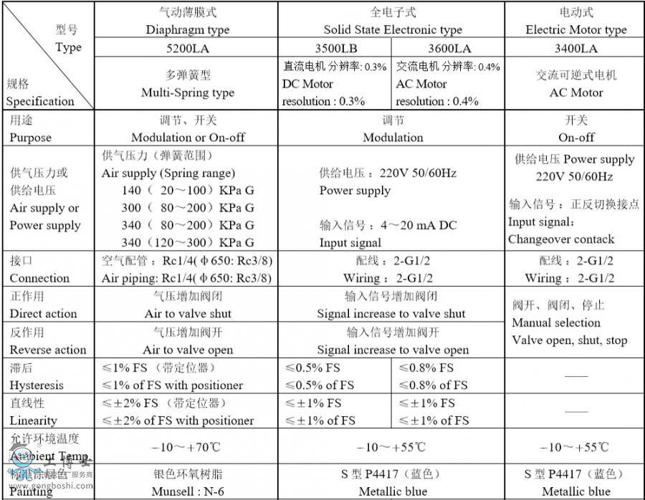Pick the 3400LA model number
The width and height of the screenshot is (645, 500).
[575, 49]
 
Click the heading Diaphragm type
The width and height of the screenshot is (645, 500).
[187, 30]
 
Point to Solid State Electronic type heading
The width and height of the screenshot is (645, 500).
[393, 30]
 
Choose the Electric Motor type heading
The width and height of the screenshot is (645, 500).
[575, 30]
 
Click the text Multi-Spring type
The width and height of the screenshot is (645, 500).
[187, 92]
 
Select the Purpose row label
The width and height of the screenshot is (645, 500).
[30, 137]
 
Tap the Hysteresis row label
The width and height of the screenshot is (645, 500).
[36, 385]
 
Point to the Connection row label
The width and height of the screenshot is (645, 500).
[39, 278]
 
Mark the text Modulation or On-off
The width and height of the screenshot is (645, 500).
[187, 137]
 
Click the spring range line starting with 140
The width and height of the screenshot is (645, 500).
[188, 191]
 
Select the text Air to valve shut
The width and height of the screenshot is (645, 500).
[188, 314]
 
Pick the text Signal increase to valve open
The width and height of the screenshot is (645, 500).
[393, 350]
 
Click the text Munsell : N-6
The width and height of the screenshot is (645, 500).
[187, 491]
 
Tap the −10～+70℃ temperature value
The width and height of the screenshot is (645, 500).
[187, 447]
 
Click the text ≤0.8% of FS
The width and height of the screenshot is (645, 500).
[433, 385]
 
